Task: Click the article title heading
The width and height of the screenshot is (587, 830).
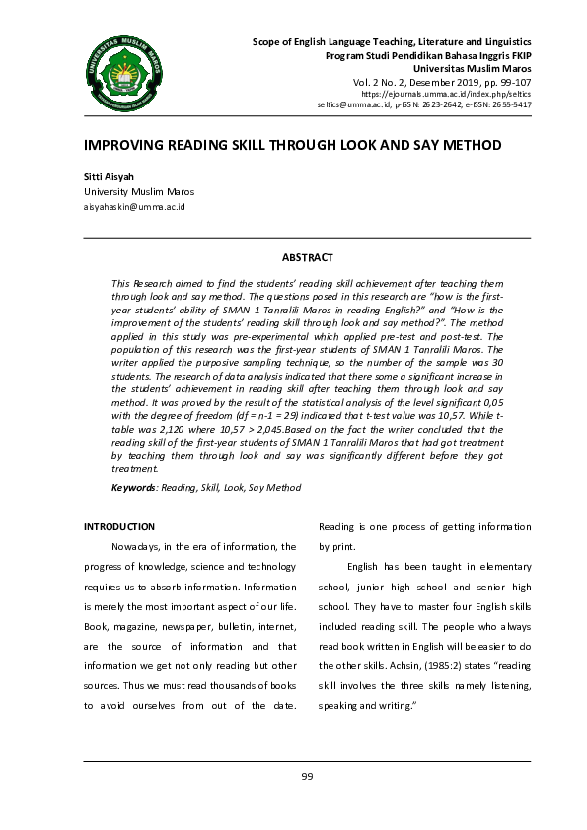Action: (x=293, y=145)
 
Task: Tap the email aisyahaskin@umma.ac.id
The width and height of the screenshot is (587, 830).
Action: (x=134, y=207)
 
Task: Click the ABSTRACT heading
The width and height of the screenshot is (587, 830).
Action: (x=307, y=257)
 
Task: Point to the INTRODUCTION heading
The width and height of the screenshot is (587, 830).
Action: (x=119, y=527)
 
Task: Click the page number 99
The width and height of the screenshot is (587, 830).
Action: (x=307, y=777)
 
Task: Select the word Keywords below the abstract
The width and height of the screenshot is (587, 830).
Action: (x=133, y=487)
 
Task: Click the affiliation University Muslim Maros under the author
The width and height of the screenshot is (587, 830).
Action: (x=138, y=192)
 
